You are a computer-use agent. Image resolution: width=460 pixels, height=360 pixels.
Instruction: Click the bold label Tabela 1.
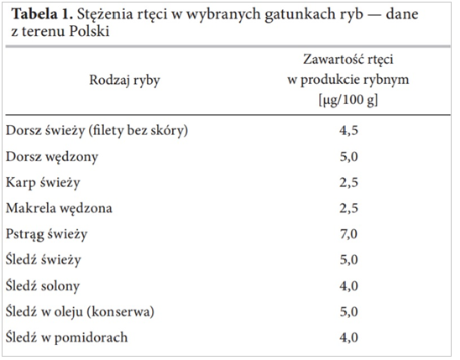coord(42,14)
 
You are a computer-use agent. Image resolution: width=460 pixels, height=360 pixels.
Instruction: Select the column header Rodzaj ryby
coord(125,81)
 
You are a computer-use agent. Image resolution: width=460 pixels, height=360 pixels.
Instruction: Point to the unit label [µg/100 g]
coord(348,100)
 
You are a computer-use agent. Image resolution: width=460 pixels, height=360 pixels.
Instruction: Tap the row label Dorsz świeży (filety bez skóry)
coord(97,131)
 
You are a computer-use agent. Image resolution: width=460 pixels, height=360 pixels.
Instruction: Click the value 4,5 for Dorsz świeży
coord(349,131)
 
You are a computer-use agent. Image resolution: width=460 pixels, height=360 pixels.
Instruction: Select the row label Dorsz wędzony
coord(52,157)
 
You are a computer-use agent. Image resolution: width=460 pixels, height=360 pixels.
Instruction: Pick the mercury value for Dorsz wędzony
coord(349,157)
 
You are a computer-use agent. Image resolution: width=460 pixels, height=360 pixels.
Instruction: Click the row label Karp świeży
coord(43,183)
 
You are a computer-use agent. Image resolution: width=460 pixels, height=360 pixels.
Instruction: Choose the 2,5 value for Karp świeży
coord(349,183)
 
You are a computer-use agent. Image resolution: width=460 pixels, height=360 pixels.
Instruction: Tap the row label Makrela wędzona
coord(59,208)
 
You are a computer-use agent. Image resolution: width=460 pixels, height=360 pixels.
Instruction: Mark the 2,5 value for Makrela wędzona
coord(349,208)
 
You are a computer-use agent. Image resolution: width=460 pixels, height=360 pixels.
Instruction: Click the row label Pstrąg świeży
coord(47,234)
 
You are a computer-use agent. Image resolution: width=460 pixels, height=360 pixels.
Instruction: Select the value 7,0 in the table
coord(349,234)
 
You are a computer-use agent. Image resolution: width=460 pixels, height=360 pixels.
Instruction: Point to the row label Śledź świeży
coord(43,260)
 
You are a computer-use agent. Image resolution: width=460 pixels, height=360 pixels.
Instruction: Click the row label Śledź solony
coord(43,286)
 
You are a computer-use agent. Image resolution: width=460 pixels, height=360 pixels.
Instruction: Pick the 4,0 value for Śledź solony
coord(349,286)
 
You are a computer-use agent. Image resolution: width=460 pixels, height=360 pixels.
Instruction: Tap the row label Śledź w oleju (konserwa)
coord(80,311)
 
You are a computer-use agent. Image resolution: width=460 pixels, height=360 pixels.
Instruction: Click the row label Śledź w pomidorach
coord(66,337)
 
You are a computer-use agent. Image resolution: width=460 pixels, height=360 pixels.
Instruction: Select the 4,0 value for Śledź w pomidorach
coord(349,337)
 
